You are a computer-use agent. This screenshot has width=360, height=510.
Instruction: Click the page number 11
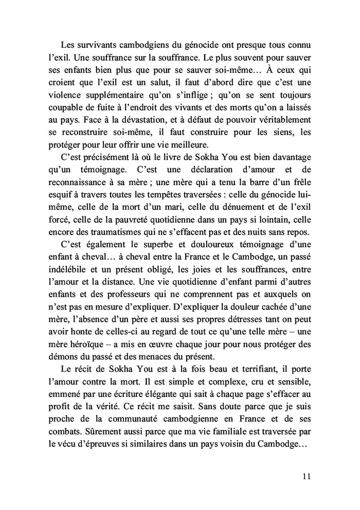click(x=307, y=477)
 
